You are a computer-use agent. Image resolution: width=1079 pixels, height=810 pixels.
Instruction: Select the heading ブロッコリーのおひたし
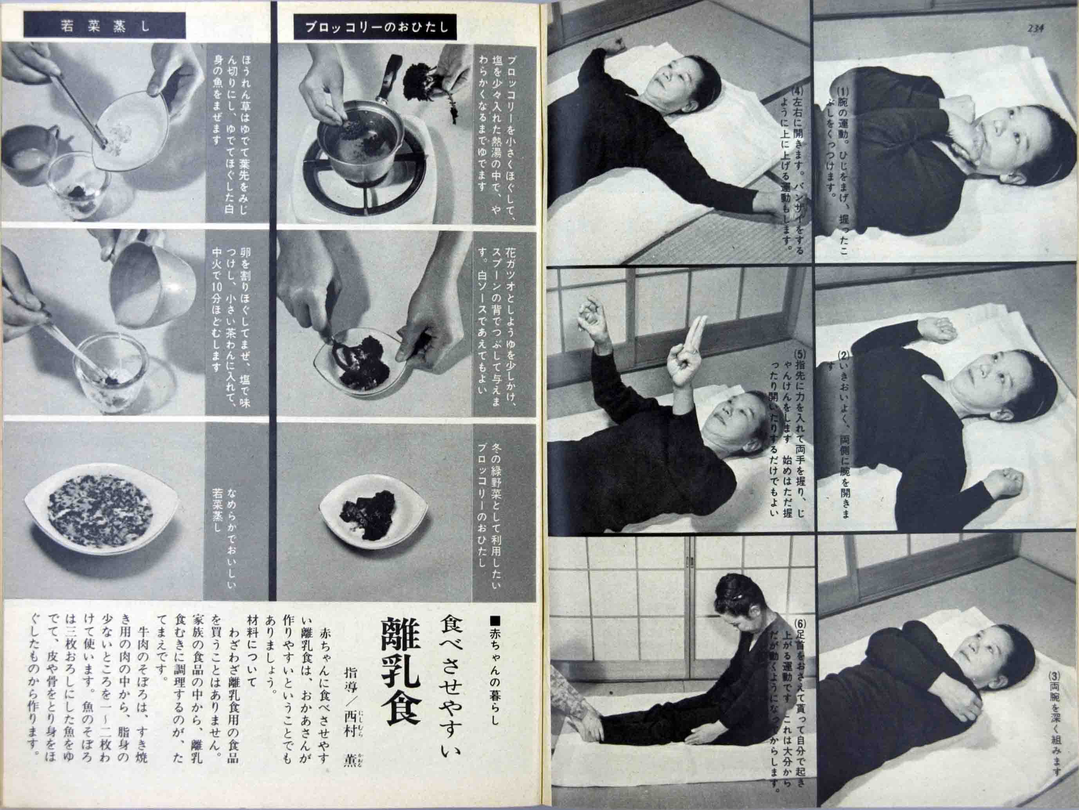pyautogui.click(x=375, y=27)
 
